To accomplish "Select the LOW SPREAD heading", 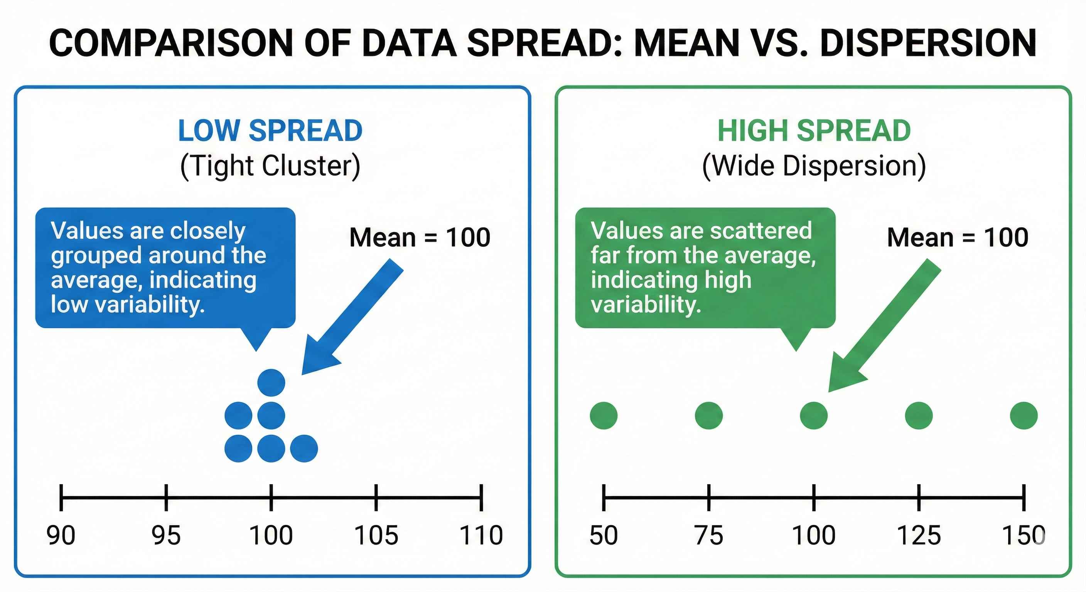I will tap(270, 131).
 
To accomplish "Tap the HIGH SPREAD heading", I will tap(814, 131).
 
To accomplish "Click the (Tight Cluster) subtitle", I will tap(270, 166).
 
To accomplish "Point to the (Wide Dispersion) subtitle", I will tap(814, 166).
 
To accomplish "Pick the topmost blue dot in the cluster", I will tap(271, 383).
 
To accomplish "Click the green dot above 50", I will tap(604, 415).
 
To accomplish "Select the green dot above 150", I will tap(1024, 415).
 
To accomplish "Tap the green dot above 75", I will tap(709, 415).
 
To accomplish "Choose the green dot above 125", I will tap(919, 415).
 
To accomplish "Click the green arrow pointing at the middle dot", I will tap(883, 326).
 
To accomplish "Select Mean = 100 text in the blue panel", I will tap(420, 237).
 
